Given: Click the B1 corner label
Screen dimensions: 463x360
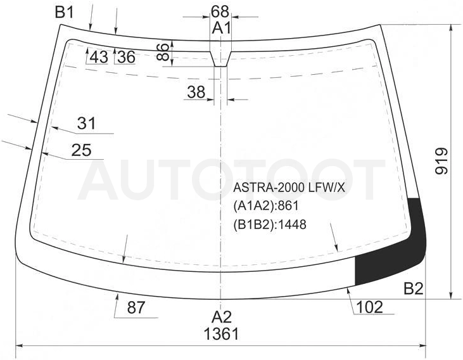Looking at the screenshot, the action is pyautogui.click(x=65, y=12).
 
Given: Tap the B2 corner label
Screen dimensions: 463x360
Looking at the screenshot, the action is pyautogui.click(x=414, y=288).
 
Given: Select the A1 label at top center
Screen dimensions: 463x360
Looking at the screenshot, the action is pyautogui.click(x=222, y=29).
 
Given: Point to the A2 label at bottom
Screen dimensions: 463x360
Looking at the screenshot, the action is pyautogui.click(x=222, y=317).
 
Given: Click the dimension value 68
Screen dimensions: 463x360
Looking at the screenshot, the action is pyautogui.click(x=220, y=11).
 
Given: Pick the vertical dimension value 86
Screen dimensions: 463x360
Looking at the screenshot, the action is pyautogui.click(x=163, y=52).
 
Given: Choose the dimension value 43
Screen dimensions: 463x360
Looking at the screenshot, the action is pyautogui.click(x=99, y=57).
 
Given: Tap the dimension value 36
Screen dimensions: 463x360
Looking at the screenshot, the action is pyautogui.click(x=126, y=57).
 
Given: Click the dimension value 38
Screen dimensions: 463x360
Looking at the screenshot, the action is pyautogui.click(x=196, y=92).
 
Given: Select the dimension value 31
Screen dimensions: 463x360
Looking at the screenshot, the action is pyautogui.click(x=87, y=123).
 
